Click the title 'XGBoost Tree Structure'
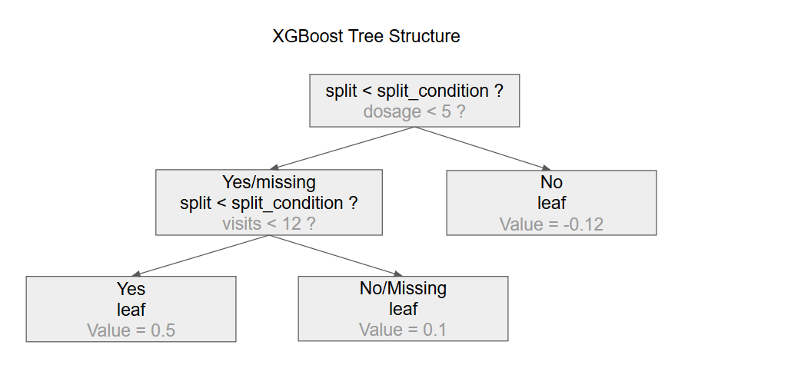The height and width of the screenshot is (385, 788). point(366,36)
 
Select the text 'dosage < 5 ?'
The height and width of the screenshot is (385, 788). point(414,111)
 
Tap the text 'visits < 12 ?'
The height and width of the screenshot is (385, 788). point(268,224)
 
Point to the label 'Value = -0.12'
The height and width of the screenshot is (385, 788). point(551,224)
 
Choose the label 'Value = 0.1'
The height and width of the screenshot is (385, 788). point(403,330)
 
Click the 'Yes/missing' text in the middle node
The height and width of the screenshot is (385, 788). point(268,183)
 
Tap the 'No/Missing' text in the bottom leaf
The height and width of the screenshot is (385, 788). point(403,289)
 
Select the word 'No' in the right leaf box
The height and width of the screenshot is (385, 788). point(551,183)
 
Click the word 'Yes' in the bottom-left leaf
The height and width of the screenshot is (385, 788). point(131,289)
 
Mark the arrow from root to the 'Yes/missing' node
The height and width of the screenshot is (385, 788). point(342,148)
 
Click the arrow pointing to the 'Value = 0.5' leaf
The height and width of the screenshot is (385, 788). point(200,256)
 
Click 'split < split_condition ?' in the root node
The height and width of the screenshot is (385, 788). point(414,91)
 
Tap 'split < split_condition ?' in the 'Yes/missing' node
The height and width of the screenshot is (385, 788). point(268,204)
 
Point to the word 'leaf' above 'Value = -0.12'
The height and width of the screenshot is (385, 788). point(551,204)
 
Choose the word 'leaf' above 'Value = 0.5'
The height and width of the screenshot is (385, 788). point(131,310)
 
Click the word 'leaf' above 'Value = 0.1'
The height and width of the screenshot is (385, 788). point(403,310)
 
